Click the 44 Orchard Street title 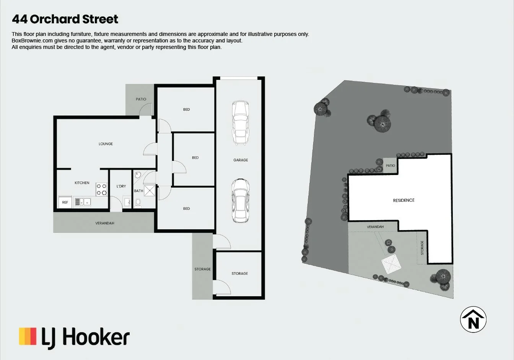click(x=65, y=19)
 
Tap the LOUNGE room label click(x=106, y=144)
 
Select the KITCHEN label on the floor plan click(x=82, y=183)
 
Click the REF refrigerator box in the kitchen click(x=65, y=202)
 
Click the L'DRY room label click(x=121, y=186)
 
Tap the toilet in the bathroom click(x=138, y=203)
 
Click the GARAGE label click(x=241, y=160)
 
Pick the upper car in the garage click(x=241, y=123)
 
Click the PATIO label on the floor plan click(x=141, y=99)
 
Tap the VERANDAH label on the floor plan click(x=105, y=223)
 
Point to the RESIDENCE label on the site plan click(x=403, y=201)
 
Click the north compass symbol click(x=473, y=319)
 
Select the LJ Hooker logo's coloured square click(x=28, y=336)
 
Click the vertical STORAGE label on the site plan click(x=422, y=248)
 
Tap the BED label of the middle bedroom click(x=195, y=158)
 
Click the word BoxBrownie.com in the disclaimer click(x=32, y=41)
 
